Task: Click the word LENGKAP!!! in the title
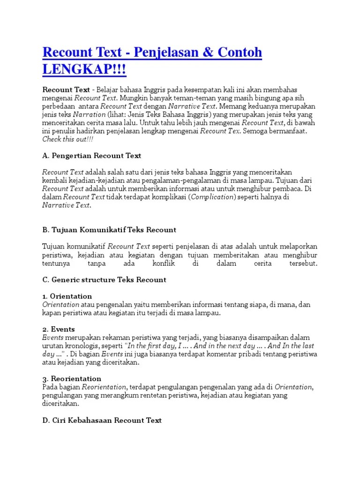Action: click(x=84, y=69)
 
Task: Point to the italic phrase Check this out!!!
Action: click(x=68, y=140)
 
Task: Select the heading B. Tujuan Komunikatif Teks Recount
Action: click(x=109, y=230)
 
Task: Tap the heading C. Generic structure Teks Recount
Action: click(x=104, y=280)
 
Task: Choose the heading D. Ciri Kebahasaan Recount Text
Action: click(x=102, y=420)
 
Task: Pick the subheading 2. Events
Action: click(x=59, y=329)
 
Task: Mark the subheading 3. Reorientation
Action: click(x=72, y=378)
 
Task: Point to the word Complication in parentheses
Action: click(x=213, y=197)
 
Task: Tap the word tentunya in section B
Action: click(x=57, y=263)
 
